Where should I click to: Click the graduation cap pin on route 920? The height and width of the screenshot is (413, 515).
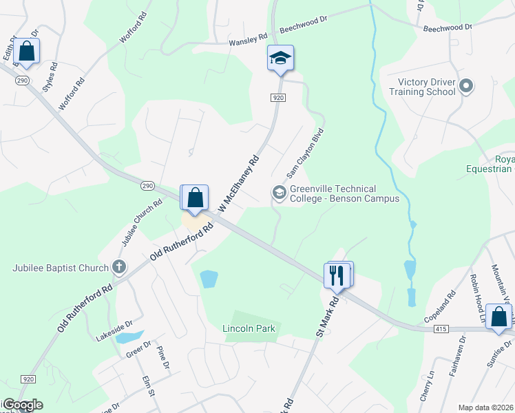pyautogui.click(x=280, y=58)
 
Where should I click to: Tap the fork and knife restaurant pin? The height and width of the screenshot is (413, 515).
pyautogui.click(x=337, y=275)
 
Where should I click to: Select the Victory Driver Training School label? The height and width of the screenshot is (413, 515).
pyautogui.click(x=422, y=87)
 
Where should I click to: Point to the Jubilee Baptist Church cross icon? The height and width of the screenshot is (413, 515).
pyautogui.click(x=118, y=267)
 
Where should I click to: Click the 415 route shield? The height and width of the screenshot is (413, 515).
pyautogui.click(x=442, y=330)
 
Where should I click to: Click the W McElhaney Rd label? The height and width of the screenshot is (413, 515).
pyautogui.click(x=238, y=183)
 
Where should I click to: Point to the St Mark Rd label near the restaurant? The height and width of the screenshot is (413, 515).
pyautogui.click(x=328, y=315)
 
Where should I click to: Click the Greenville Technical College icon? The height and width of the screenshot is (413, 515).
pyautogui.click(x=279, y=192)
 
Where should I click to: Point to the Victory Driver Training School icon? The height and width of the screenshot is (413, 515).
pyautogui.click(x=466, y=87)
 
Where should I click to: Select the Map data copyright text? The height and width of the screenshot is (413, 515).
pyautogui.click(x=485, y=407)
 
